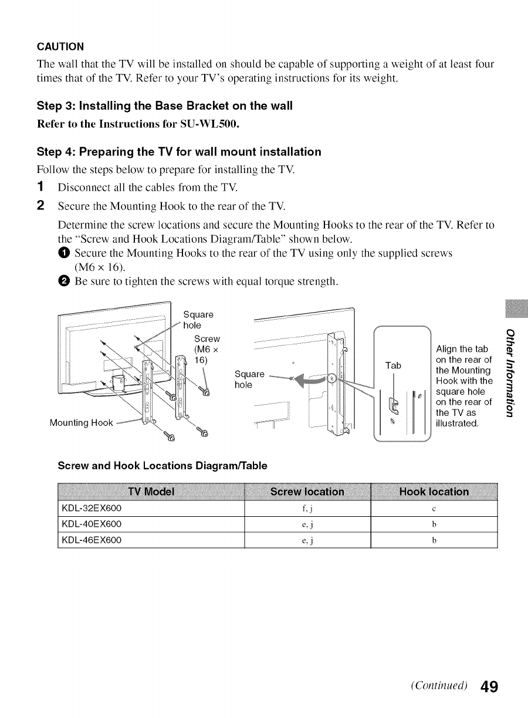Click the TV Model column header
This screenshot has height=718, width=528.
point(151,492)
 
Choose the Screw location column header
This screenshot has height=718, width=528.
point(307,492)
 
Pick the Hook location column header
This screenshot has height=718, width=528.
point(434,492)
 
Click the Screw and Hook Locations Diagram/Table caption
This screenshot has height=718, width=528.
point(162,466)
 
